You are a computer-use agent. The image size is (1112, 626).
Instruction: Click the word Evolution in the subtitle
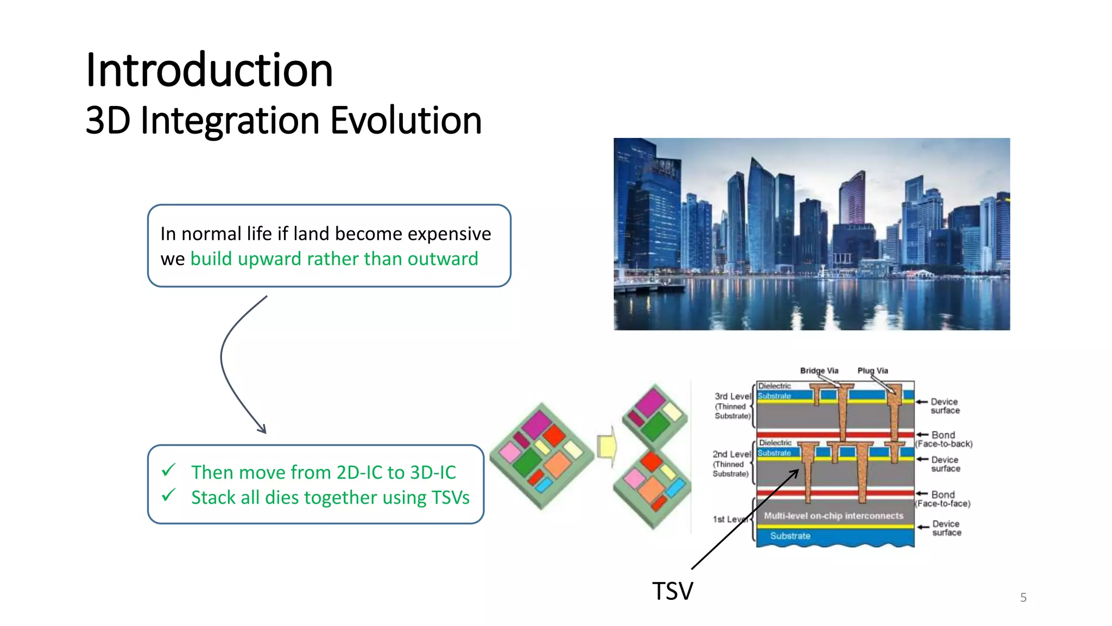tap(406, 120)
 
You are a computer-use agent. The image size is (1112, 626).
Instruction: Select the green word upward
tap(269, 259)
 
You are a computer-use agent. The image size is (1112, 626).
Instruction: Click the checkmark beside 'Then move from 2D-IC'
tap(169, 469)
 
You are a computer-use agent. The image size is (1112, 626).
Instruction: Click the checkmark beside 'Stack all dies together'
tap(169, 494)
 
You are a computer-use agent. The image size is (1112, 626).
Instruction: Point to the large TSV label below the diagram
tap(672, 591)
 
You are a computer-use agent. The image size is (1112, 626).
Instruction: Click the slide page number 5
tap(1023, 598)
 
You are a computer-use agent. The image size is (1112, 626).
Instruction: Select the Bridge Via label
tap(819, 371)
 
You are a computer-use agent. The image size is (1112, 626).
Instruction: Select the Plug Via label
tap(873, 371)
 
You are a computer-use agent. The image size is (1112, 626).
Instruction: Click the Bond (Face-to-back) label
tap(944, 439)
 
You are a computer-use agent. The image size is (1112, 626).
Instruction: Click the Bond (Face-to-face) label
tap(943, 499)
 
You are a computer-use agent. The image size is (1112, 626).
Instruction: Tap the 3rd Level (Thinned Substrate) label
tap(732, 406)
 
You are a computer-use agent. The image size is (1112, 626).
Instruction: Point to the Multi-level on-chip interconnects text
tap(833, 516)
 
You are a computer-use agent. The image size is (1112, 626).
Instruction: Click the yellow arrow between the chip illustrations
tap(607, 446)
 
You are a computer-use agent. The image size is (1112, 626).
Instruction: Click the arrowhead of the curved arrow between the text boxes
tap(262, 429)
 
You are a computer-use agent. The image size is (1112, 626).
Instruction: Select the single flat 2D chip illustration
tap(542, 455)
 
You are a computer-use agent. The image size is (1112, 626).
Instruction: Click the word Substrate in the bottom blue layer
tap(790, 536)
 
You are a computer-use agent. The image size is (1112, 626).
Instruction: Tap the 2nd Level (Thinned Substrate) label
tap(731, 464)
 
